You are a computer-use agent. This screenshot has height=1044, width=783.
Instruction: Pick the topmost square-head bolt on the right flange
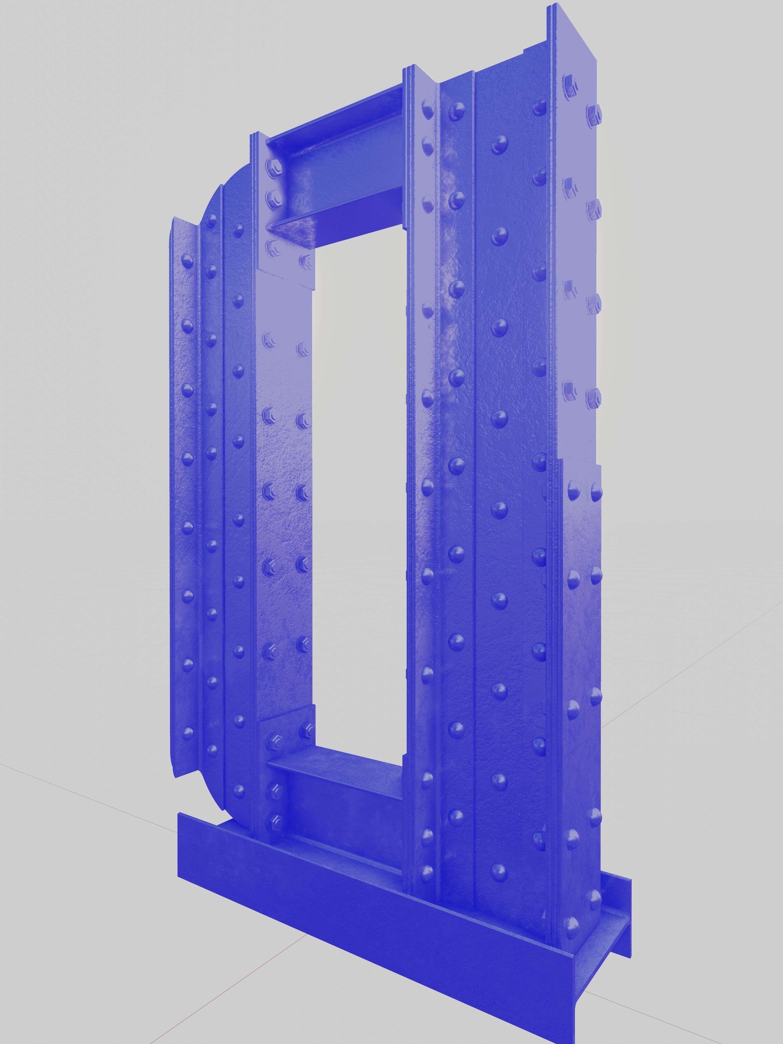tap(570, 85)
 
